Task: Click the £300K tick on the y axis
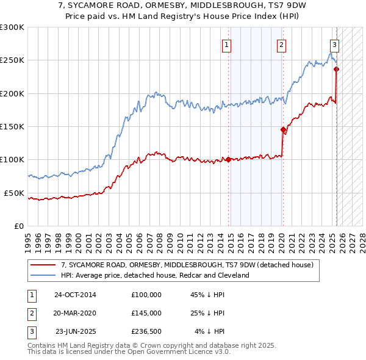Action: pyautogui.click(x=12, y=27)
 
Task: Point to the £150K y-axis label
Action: pyautogui.click(x=12, y=126)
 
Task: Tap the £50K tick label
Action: pyautogui.click(x=14, y=193)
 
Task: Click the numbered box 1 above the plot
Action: pyautogui.click(x=226, y=44)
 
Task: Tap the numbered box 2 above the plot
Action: pyautogui.click(x=281, y=44)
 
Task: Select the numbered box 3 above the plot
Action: pyautogui.click(x=335, y=44)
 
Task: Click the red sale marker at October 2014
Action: pyautogui.click(x=229, y=160)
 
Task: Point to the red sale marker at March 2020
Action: pyautogui.click(x=283, y=129)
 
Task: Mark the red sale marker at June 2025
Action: pyautogui.click(x=336, y=69)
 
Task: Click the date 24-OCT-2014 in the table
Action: pyautogui.click(x=75, y=295)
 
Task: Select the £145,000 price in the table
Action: pyautogui.click(x=146, y=313)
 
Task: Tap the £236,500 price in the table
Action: pyautogui.click(x=146, y=331)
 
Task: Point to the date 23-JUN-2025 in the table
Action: pyautogui.click(x=75, y=331)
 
